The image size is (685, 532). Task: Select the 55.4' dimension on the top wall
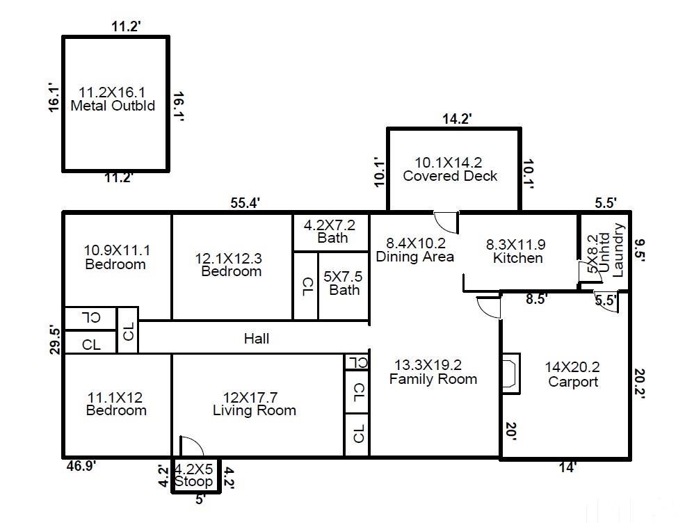pyautogui.click(x=245, y=203)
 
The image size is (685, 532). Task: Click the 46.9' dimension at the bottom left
pyautogui.click(x=81, y=466)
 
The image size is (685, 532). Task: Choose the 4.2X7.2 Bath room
pyautogui.click(x=330, y=232)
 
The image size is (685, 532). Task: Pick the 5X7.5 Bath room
pyautogui.click(x=344, y=283)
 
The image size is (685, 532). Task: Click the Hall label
pyautogui.click(x=257, y=339)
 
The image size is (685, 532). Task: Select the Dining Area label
pyautogui.click(x=414, y=250)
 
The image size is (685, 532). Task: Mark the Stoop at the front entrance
pyautogui.click(x=194, y=476)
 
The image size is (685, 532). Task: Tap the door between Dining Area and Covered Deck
pyautogui.click(x=445, y=222)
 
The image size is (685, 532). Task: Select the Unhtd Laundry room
pyautogui.click(x=604, y=250)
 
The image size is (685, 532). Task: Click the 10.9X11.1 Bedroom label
pyautogui.click(x=115, y=257)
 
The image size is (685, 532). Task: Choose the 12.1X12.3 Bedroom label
pyautogui.click(x=231, y=264)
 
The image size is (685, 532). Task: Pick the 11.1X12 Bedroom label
pyautogui.click(x=116, y=404)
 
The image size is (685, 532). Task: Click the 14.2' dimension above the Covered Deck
pyautogui.click(x=457, y=119)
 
